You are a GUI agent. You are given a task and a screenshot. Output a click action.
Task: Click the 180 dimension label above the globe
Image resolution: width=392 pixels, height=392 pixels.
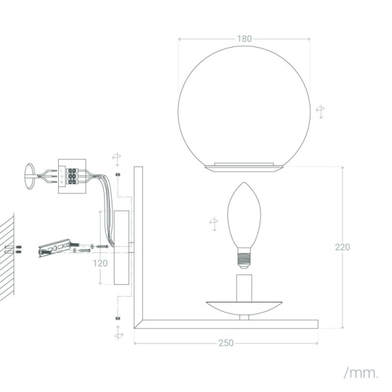click(244, 39)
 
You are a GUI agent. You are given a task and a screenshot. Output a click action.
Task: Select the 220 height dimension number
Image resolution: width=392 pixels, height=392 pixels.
click(342, 247)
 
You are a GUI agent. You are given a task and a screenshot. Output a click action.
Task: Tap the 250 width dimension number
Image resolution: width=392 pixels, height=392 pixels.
click(226, 343)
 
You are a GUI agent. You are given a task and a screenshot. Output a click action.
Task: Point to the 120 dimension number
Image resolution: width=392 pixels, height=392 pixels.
click(99, 263)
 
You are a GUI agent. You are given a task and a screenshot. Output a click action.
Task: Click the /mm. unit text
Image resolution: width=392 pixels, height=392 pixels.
click(360, 373)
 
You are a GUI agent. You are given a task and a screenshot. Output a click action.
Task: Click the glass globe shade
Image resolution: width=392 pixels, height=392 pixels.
click(244, 105)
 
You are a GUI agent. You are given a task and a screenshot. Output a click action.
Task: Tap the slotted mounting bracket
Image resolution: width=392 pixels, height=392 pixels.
click(56, 249)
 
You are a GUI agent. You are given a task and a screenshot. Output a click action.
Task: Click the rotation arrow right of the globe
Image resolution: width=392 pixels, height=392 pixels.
click(319, 111)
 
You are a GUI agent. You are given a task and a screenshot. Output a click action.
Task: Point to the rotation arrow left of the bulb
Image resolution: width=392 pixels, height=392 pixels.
click(214, 223)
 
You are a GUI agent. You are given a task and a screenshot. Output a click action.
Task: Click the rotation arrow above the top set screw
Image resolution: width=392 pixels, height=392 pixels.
click(116, 157)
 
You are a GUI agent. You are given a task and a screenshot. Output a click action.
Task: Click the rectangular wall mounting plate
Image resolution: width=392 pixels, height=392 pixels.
click(121, 248)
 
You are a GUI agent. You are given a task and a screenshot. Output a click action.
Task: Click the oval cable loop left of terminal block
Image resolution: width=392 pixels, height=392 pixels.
click(29, 177)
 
